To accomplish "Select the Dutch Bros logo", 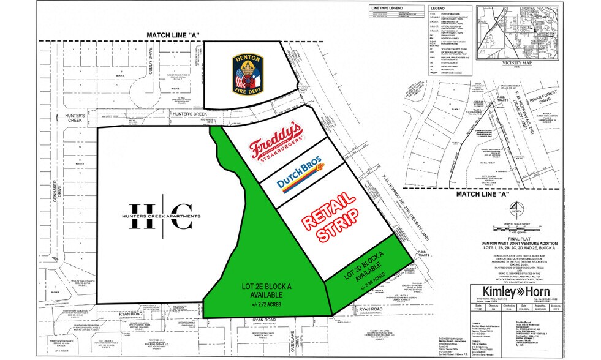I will [300, 172].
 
